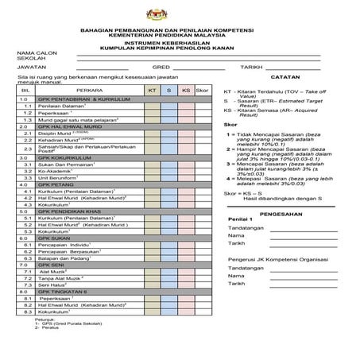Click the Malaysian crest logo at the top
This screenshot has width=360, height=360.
[x=180, y=14]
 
